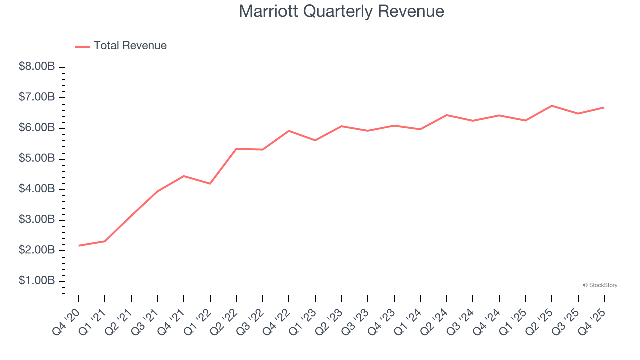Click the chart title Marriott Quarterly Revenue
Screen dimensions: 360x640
coord(341,11)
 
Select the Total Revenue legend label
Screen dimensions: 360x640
coord(130,46)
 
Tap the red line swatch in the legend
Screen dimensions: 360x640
coord(82,46)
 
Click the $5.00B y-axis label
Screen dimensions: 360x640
coord(37,158)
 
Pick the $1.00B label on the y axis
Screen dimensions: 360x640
coord(37,281)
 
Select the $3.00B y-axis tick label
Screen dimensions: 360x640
coord(37,219)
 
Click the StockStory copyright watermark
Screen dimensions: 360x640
coord(600,285)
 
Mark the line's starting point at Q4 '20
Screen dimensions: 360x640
coord(79,246)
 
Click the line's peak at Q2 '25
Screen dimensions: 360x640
coord(552,106)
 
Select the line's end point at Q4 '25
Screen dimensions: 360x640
coord(604,107)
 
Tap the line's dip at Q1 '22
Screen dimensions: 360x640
coord(210,184)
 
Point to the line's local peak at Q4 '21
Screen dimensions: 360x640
coord(184,176)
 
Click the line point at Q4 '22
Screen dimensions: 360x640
coord(289,131)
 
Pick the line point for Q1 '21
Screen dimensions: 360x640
coord(105,241)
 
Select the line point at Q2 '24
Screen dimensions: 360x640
coord(446,115)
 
